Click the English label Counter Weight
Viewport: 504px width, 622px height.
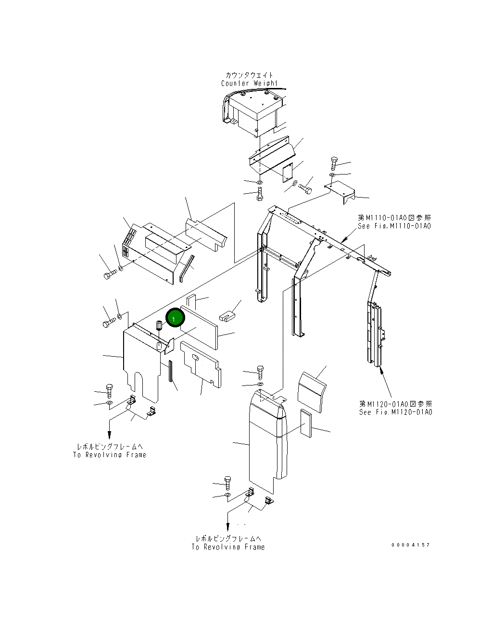249,84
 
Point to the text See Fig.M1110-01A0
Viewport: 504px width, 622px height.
394,226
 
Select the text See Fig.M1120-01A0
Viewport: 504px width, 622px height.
395,412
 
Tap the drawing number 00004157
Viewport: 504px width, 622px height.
411,545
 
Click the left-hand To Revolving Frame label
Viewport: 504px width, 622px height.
109,455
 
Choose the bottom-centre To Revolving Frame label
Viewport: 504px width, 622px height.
228,547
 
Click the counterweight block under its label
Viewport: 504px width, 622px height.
252,113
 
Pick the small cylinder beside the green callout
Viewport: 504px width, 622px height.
159,325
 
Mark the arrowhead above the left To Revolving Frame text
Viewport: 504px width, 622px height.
110,435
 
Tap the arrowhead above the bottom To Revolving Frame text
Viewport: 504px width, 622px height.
228,527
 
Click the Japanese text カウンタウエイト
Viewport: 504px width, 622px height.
249,75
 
